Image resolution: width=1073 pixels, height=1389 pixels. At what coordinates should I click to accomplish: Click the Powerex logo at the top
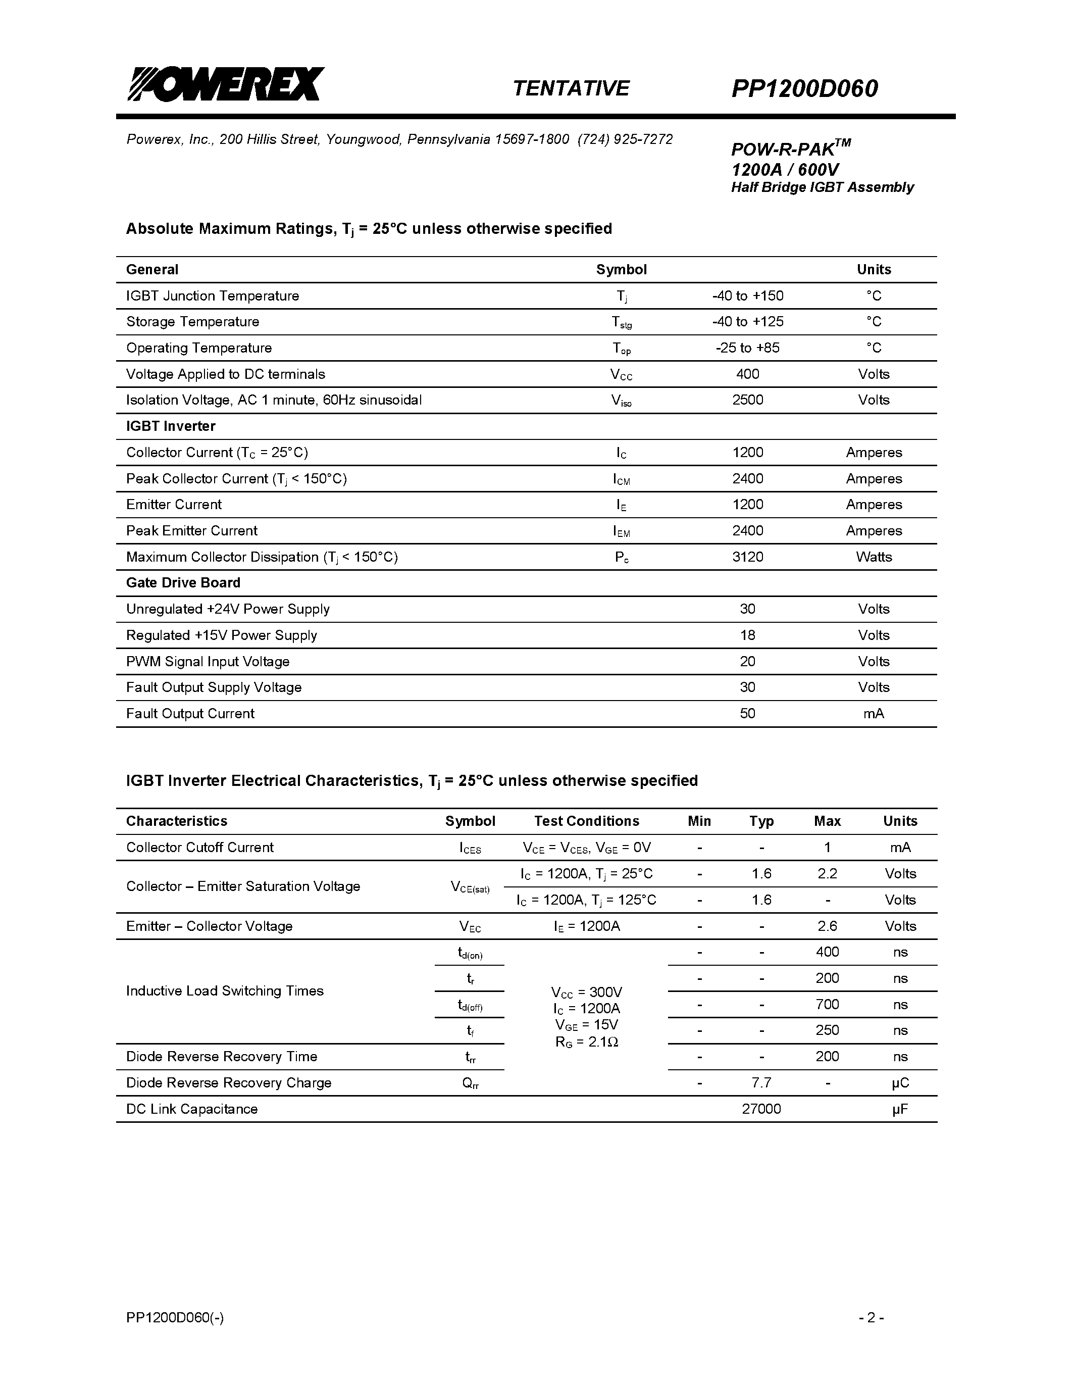coord(226,84)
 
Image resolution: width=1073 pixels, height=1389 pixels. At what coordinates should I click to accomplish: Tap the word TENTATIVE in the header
coord(570,88)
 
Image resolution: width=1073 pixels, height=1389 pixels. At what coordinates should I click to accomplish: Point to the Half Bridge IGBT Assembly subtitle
coord(822,187)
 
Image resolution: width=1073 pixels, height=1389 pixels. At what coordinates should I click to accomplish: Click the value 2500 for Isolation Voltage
coord(747,400)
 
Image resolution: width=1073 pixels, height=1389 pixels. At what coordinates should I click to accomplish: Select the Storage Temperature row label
coord(192,322)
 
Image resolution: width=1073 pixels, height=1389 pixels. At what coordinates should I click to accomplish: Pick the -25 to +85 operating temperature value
coord(747,348)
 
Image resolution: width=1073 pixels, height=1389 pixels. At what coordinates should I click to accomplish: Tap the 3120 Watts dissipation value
coord(747,557)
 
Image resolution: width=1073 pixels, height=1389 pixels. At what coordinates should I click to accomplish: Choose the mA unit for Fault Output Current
coord(874,714)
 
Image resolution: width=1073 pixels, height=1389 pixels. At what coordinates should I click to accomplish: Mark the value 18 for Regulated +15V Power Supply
coord(747,635)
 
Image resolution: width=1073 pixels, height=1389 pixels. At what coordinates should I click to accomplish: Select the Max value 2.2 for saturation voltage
coord(827,874)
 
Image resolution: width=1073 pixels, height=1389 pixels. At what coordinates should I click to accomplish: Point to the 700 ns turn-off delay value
coord(827,1004)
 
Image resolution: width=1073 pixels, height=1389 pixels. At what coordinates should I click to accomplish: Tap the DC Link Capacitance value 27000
coord(761,1109)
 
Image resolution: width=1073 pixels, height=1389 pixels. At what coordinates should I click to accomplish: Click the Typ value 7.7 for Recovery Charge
coord(761,1083)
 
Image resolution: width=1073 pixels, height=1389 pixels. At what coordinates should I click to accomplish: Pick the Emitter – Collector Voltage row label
coord(209,926)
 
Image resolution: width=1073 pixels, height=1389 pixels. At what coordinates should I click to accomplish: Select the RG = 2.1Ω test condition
coord(586,1041)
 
